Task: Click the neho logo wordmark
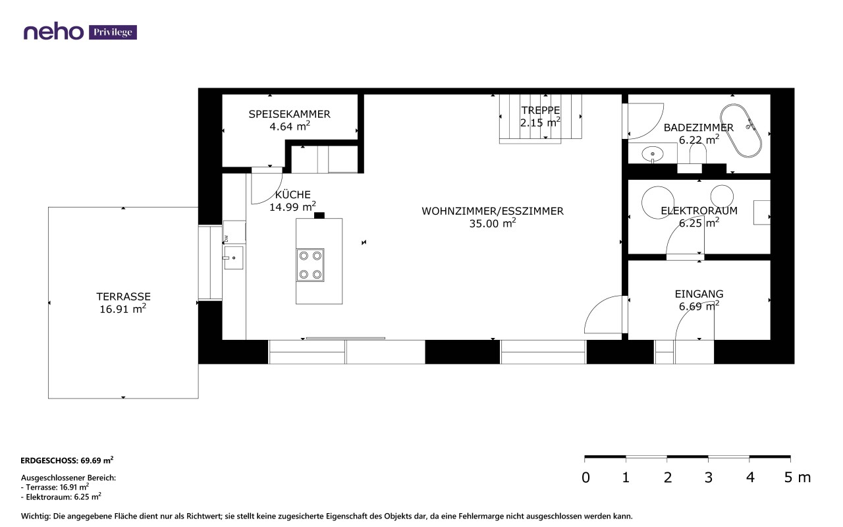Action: click(x=53, y=32)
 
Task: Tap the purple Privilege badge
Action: click(x=113, y=32)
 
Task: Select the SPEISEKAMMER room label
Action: click(x=289, y=114)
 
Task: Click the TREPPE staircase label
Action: click(x=541, y=110)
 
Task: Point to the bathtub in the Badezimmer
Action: click(x=741, y=130)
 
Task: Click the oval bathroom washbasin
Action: click(x=653, y=154)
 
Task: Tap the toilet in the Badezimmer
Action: click(x=697, y=153)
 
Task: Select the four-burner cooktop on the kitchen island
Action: click(x=310, y=265)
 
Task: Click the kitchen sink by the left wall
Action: click(x=234, y=258)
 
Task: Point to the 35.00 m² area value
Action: click(x=492, y=223)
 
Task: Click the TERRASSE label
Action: click(x=123, y=296)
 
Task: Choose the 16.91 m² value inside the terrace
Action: click(x=122, y=309)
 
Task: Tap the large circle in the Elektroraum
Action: click(x=658, y=202)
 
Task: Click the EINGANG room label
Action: click(x=699, y=294)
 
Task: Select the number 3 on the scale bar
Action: click(x=709, y=478)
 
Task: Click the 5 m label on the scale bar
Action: click(x=798, y=478)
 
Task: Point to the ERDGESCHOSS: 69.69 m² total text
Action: click(x=67, y=460)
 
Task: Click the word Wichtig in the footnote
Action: click(x=36, y=516)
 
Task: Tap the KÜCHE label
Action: click(x=293, y=194)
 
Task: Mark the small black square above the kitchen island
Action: click(x=319, y=215)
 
